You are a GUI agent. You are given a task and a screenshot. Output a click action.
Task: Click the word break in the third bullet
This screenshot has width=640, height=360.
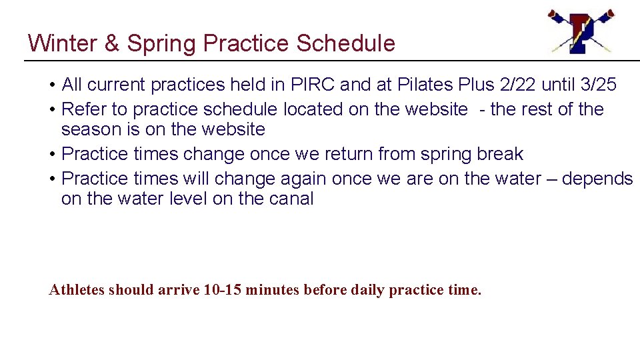(500, 154)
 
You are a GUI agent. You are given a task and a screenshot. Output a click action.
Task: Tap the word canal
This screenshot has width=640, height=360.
(291, 199)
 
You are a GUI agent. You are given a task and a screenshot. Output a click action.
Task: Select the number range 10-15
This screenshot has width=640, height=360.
(223, 290)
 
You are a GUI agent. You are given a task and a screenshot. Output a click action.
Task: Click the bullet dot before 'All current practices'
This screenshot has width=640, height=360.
(52, 85)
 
